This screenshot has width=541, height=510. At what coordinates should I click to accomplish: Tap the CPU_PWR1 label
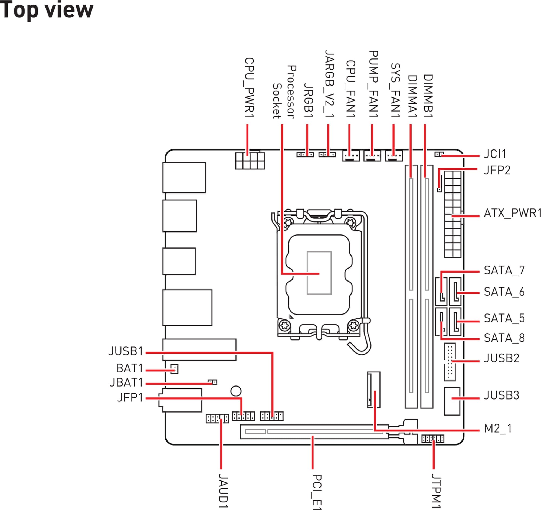coord(249,87)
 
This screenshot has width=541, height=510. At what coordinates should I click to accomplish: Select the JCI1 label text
coord(495,154)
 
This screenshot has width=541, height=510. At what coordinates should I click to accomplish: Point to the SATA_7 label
coord(504,270)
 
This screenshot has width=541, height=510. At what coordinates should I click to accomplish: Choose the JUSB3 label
coord(501,395)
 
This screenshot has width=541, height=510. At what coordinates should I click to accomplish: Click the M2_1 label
coord(498,429)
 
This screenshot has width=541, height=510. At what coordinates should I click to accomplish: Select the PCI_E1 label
coord(317,492)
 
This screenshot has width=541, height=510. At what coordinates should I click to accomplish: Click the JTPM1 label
coord(436,491)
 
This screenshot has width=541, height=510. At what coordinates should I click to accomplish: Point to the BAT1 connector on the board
coord(174,369)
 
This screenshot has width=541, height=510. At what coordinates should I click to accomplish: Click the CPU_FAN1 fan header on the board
coord(351,156)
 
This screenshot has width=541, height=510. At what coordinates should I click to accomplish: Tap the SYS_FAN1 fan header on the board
coord(394,156)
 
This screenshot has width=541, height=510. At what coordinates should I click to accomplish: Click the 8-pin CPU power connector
coord(250,161)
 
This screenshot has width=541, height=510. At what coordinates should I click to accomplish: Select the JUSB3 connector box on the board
coord(452,401)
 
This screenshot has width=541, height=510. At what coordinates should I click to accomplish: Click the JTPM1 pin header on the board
coord(433,439)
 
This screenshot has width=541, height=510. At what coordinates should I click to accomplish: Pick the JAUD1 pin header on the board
coord(217,419)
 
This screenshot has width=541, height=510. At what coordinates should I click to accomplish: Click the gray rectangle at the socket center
coord(319,273)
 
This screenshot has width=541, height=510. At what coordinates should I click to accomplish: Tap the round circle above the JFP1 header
coord(236,391)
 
